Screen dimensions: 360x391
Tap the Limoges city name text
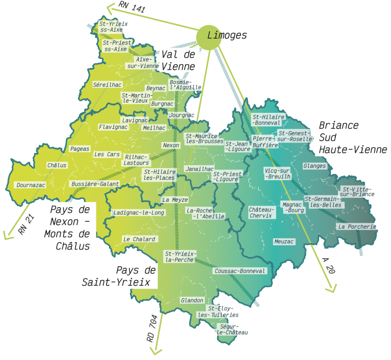point(227,35)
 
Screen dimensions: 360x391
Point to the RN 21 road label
point(26,224)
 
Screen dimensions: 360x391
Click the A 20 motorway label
point(329,266)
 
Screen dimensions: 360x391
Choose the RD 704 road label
point(152,329)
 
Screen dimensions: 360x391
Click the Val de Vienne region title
point(178,61)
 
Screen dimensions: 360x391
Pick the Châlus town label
point(57,165)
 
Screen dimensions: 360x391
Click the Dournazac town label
point(31,185)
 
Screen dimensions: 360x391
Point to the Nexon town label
point(171,146)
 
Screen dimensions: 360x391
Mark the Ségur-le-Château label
point(232,329)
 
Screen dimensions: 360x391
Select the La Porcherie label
point(357,227)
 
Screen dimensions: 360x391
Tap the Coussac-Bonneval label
point(240,271)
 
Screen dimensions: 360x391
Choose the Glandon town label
point(192,300)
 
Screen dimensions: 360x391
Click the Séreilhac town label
point(107,85)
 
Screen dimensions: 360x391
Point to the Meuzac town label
point(284,242)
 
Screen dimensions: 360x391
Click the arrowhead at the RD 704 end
point(156,350)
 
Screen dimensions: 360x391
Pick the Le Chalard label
point(139,239)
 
